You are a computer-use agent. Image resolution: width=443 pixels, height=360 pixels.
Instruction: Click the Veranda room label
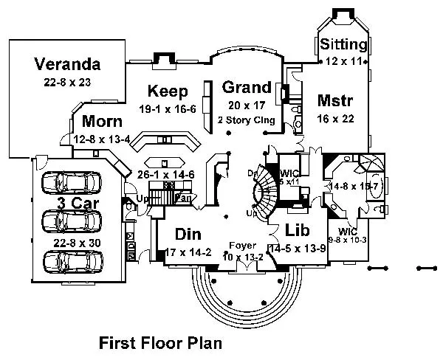click(x=66, y=64)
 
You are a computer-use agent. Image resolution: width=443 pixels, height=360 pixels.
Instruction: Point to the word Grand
click(x=247, y=88)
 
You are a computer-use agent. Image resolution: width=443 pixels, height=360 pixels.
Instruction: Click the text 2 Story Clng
click(x=247, y=119)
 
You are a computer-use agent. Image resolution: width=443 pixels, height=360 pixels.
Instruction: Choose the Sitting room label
click(x=344, y=45)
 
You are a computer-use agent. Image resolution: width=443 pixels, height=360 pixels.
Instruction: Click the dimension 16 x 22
click(x=336, y=118)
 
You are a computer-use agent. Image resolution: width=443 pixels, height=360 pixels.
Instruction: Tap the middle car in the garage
click(x=72, y=221)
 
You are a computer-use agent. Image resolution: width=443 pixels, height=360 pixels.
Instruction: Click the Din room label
click(x=190, y=234)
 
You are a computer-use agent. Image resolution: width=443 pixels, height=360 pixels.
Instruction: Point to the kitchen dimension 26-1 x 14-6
click(x=167, y=174)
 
